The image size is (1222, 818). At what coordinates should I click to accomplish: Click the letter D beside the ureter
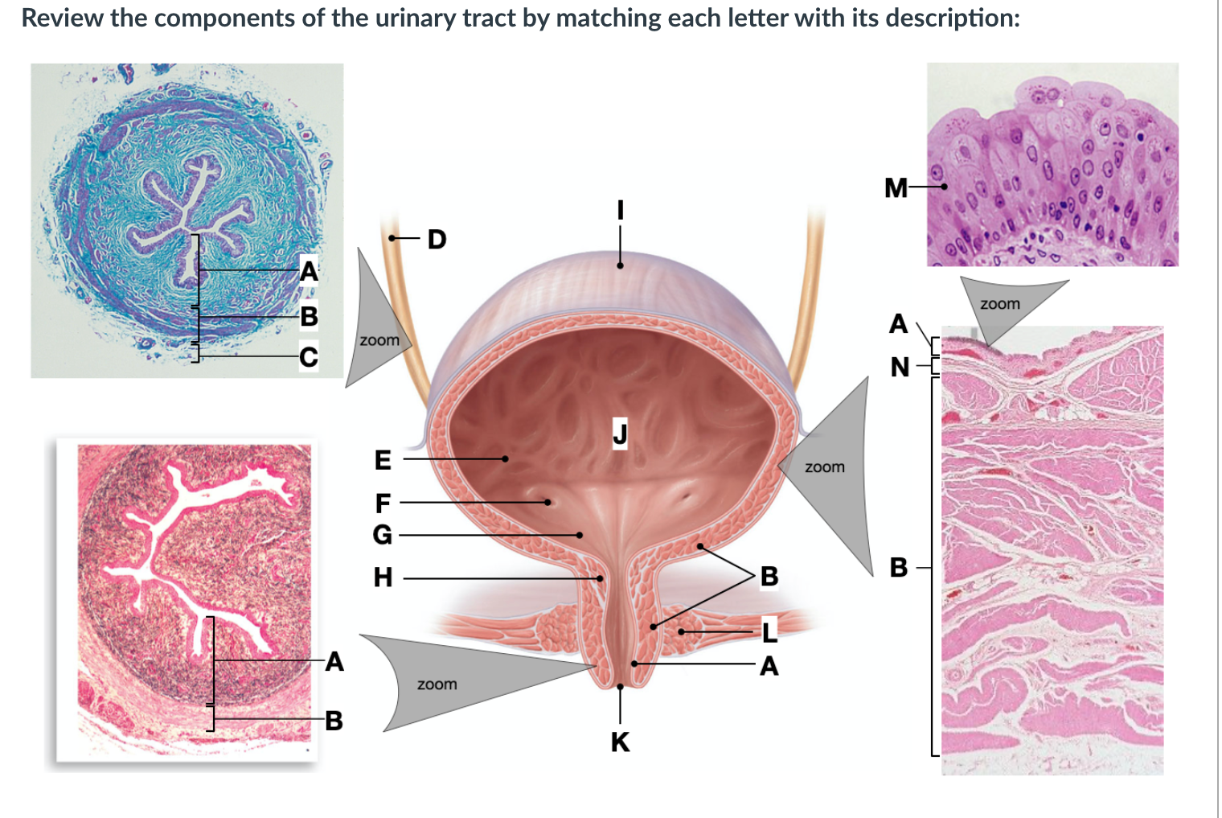[437, 239]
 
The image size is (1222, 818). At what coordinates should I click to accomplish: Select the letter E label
[383, 460]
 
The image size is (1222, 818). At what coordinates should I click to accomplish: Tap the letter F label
[383, 504]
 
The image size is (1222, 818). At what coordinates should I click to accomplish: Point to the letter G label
[383, 534]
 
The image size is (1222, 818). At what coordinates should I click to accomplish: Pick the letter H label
[383, 578]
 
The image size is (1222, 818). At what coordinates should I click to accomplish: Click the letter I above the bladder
[620, 210]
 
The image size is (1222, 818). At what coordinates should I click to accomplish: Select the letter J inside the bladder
[620, 433]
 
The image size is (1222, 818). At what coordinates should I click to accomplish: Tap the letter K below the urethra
[620, 742]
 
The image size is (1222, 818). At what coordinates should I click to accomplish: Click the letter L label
[769, 632]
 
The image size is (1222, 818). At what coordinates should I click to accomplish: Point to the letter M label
[896, 188]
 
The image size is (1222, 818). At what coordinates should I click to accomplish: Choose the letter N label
[900, 368]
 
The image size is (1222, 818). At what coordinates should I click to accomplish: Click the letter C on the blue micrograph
[309, 356]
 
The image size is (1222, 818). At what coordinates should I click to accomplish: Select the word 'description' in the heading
[949, 18]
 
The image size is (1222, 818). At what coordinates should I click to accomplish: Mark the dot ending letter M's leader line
[945, 187]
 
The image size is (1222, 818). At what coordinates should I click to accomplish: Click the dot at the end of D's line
[392, 238]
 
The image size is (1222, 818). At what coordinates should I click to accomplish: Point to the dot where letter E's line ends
[505, 459]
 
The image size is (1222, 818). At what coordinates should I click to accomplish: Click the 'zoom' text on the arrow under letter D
[379, 340]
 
